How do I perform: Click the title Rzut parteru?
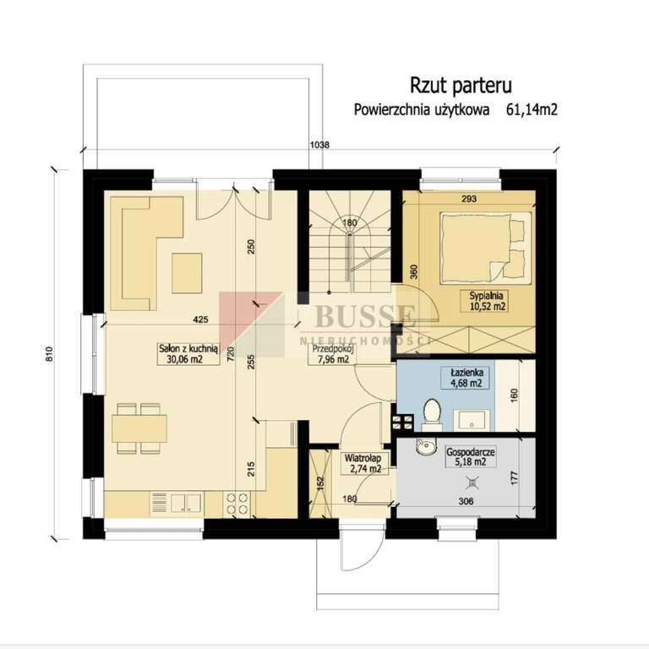461,85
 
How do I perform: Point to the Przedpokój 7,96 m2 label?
333,354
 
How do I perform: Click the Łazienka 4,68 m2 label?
466,378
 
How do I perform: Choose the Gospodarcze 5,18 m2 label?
471,457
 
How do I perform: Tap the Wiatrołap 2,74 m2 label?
363,464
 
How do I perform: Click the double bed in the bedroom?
486,248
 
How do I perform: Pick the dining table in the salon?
139,428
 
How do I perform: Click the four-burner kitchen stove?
237,504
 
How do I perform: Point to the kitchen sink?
186,504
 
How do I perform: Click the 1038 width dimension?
320,145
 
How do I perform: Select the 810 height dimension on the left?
49,355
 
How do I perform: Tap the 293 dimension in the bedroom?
469,199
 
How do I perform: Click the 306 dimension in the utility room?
466,501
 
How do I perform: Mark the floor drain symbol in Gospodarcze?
472,483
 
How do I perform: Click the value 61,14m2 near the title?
532,110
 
